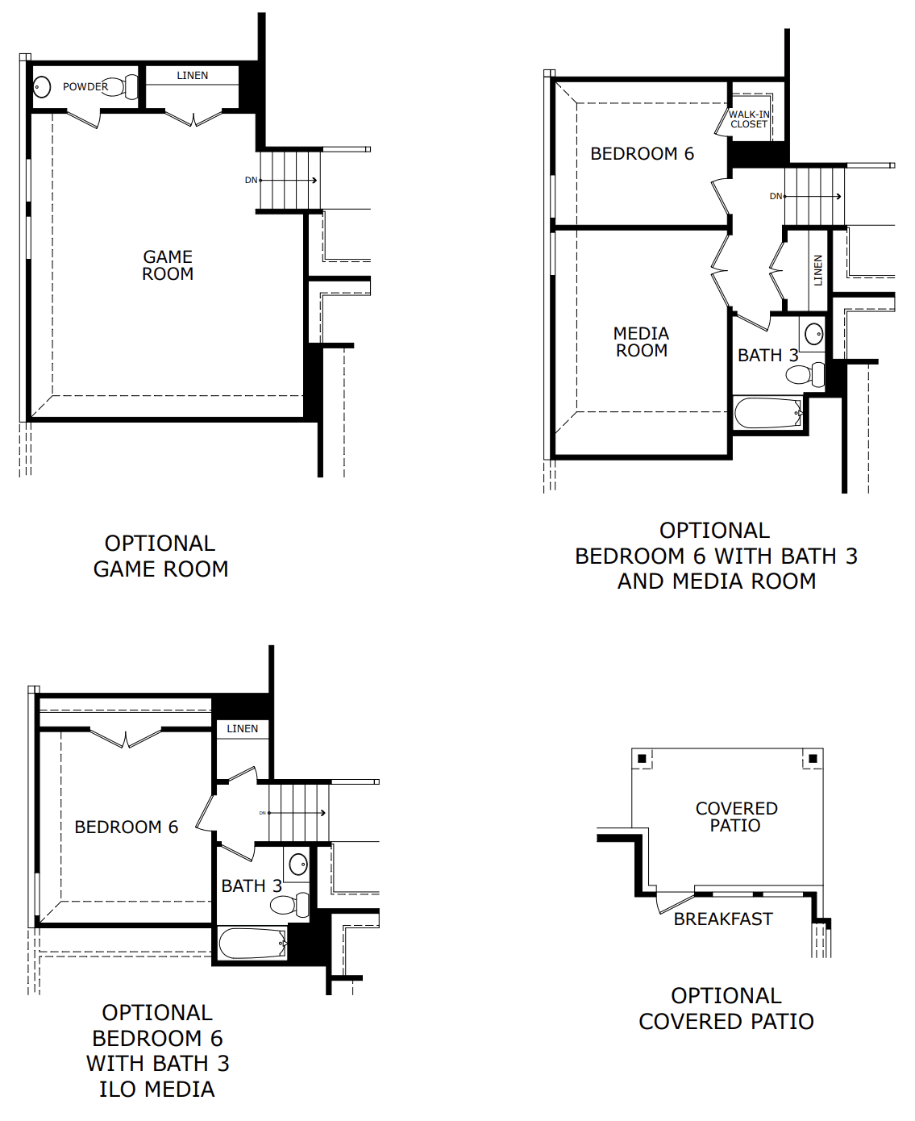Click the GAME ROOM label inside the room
coord(168,265)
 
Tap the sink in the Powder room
coord(42,86)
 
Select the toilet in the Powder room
coord(120,86)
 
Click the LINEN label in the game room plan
coord(193,76)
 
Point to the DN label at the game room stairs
coord(251,180)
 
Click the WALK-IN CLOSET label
coord(749,119)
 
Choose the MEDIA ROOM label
coord(641,342)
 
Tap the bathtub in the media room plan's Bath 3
coord(768,412)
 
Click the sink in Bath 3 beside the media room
coord(813,335)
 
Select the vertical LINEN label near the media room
coord(817,270)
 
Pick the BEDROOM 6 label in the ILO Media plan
coord(127,827)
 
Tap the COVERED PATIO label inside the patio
coord(737,817)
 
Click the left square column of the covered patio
coord(642,759)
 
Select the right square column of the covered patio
coord(813,759)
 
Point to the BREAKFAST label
coord(723,919)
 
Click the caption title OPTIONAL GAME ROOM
coord(160,556)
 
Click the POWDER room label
coord(85,86)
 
